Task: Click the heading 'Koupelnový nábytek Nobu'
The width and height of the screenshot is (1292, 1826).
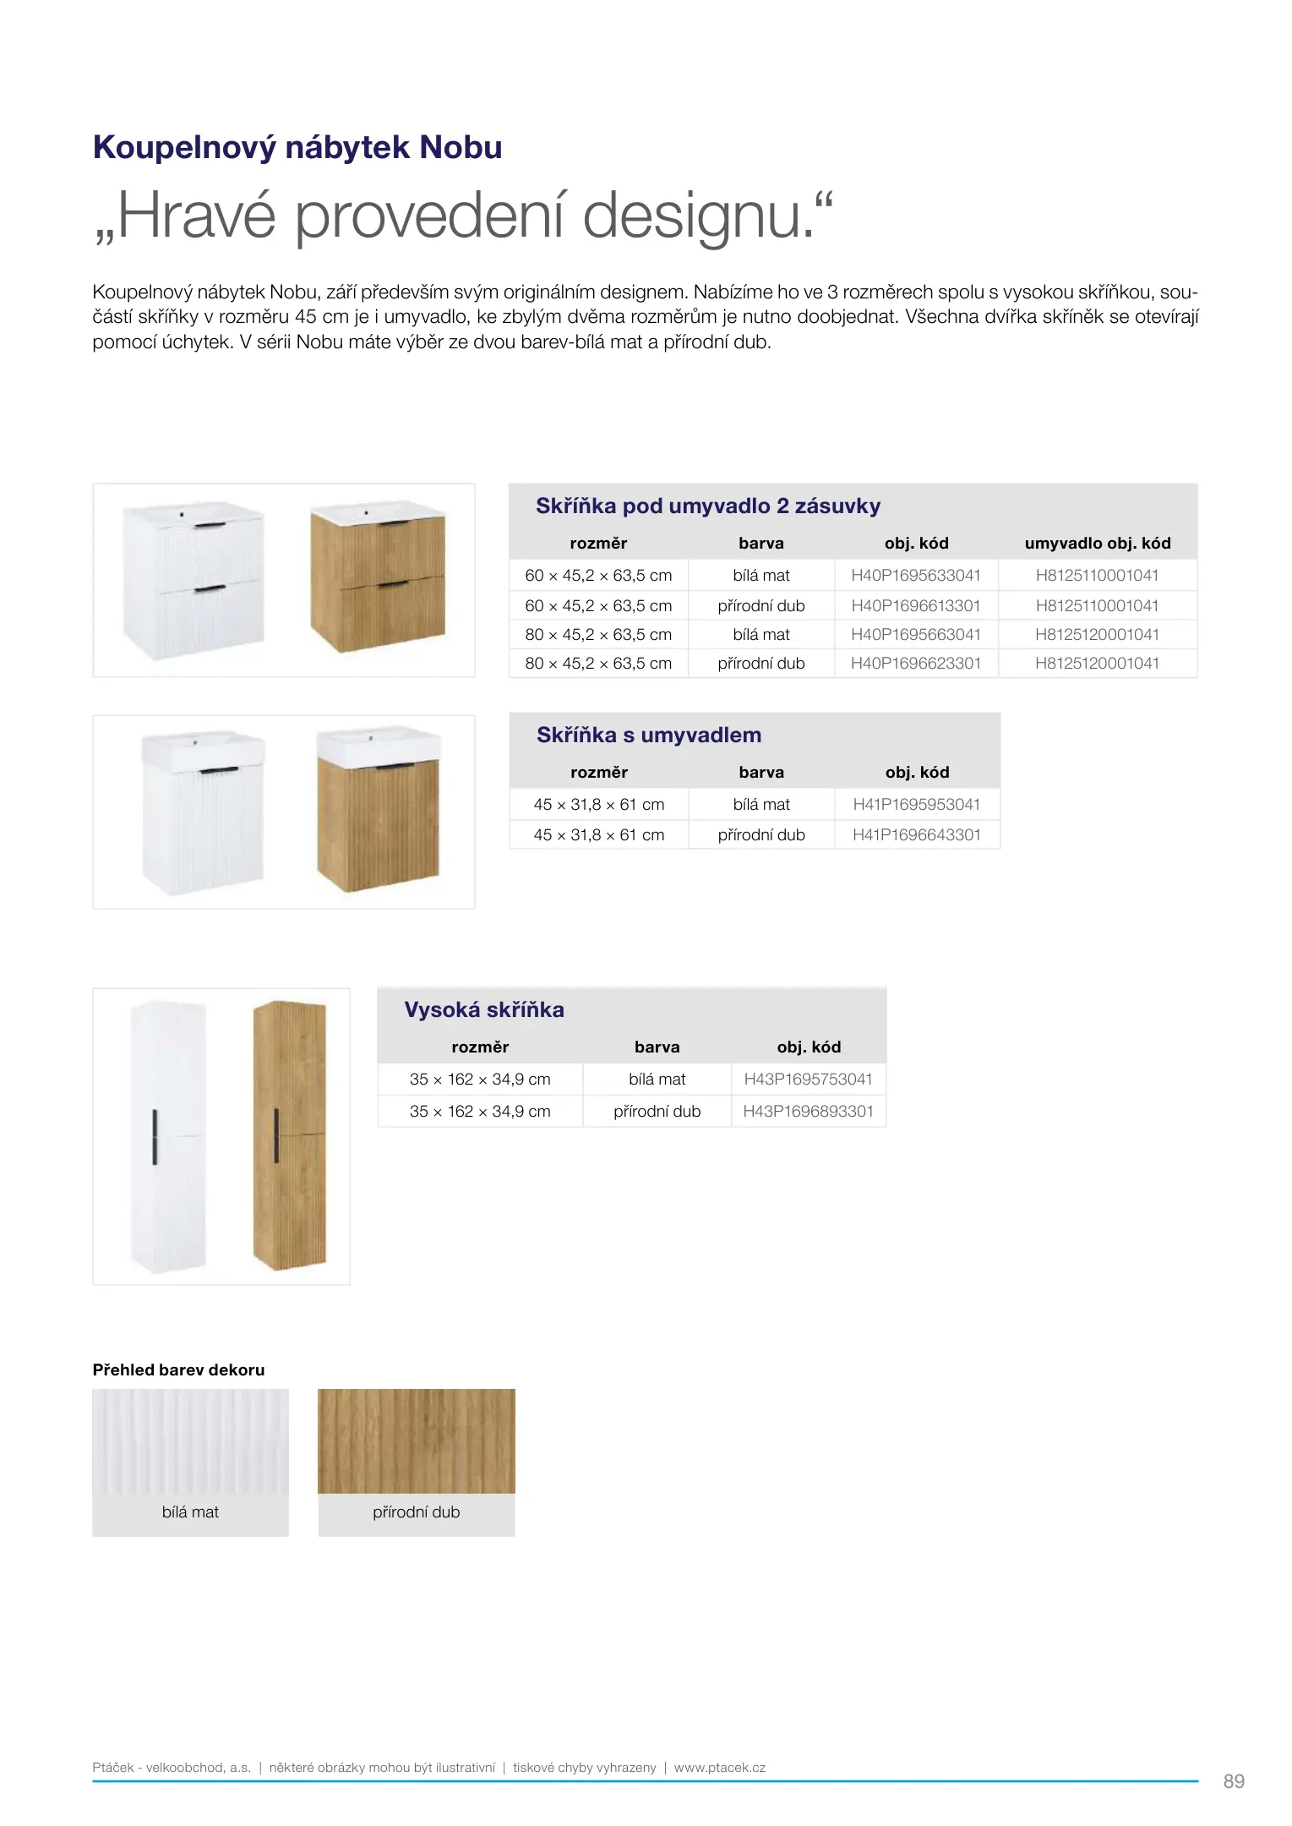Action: tap(297, 148)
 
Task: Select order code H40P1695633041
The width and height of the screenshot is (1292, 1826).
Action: tap(915, 576)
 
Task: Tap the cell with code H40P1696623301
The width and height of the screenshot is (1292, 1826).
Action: tap(915, 664)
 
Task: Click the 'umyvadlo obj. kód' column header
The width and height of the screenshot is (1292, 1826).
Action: tap(1097, 544)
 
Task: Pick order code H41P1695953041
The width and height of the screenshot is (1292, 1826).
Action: tap(916, 805)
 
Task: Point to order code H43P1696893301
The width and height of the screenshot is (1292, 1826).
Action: tap(808, 1112)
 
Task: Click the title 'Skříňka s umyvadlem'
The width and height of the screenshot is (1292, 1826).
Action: tap(648, 735)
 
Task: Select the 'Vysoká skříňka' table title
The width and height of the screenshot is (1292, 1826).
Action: tap(483, 1010)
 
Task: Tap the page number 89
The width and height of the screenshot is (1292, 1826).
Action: tap(1233, 1781)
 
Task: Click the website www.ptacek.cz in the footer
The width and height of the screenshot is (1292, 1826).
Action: tap(719, 1768)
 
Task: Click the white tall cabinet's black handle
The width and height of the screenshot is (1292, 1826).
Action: tap(155, 1137)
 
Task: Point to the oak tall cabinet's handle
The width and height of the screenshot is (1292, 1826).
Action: tap(276, 1134)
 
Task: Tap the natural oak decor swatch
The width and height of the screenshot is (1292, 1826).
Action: tap(416, 1441)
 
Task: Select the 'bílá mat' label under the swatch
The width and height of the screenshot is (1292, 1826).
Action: tap(190, 1512)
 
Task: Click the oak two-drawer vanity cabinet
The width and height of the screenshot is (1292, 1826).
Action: tap(377, 578)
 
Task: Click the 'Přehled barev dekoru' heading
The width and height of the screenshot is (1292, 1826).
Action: tap(178, 1370)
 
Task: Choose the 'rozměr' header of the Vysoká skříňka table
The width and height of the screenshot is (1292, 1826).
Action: tap(479, 1047)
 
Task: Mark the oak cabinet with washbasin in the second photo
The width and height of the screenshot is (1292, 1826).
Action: tap(378, 812)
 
